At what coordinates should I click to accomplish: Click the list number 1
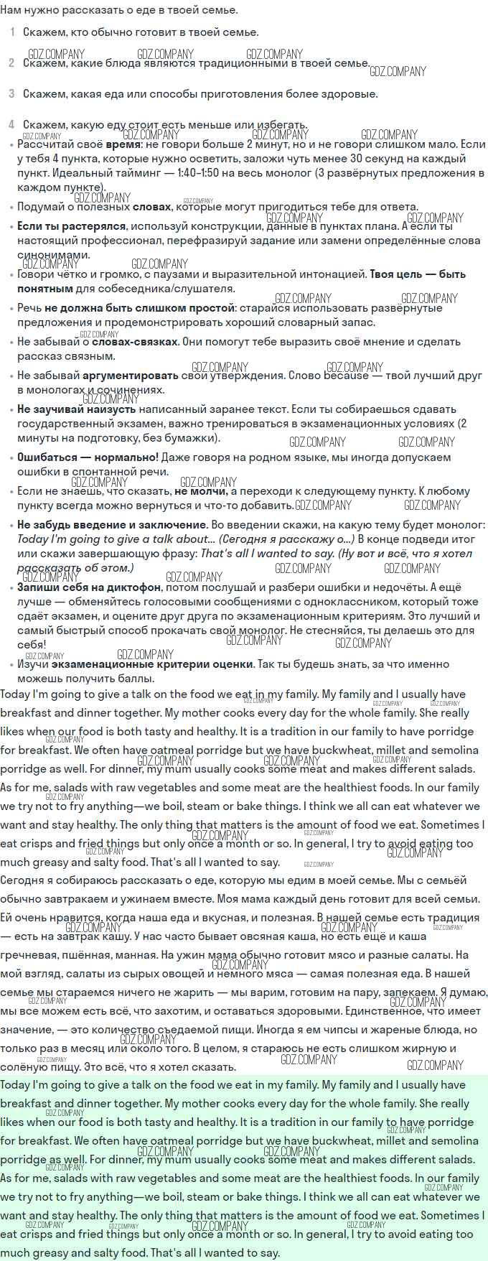[x=12, y=32]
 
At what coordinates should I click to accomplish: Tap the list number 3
[x=12, y=94]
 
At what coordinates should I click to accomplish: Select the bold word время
[x=123, y=144]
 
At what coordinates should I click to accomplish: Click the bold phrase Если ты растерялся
[x=62, y=226]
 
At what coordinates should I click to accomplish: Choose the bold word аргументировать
[x=131, y=376]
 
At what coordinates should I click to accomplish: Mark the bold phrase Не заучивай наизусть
[x=77, y=409]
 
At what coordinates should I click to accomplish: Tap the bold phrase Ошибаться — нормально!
[x=88, y=457]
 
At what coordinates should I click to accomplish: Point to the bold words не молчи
[x=201, y=492]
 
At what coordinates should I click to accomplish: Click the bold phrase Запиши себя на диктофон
[x=89, y=587]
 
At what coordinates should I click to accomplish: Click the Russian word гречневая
[x=28, y=955]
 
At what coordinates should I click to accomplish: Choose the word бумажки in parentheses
[x=192, y=438]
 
